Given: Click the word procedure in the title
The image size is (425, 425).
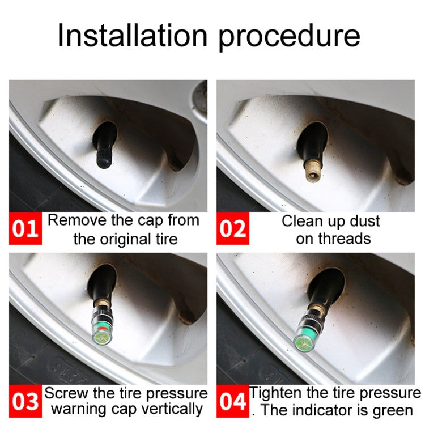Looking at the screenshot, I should click(x=290, y=36).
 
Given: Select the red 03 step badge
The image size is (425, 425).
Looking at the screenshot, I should click(x=25, y=402).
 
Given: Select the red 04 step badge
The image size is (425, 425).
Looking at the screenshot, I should click(x=233, y=402).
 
